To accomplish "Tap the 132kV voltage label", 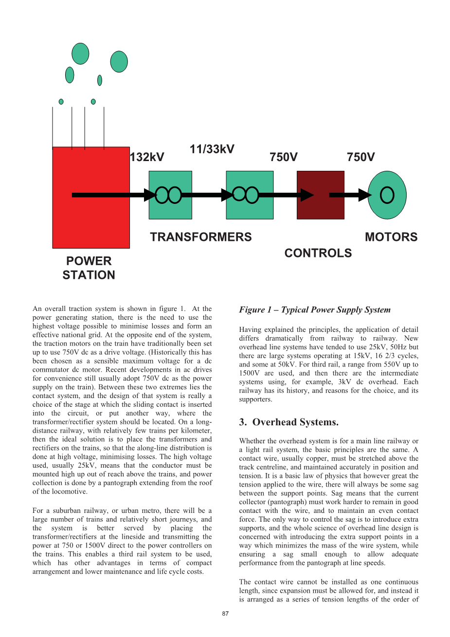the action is coord(147,157).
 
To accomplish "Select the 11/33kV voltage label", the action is coord(212,149).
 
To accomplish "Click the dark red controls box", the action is coord(321,195).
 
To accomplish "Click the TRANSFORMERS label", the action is coord(201,237).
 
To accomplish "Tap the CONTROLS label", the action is coord(318,253).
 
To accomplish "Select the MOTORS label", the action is coord(391,237).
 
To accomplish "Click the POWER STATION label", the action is coord(89,268).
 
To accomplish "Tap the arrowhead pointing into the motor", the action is coord(365,195).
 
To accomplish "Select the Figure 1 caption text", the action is coord(315,309).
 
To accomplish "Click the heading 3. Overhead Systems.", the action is coord(289,422).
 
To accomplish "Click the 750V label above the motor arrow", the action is coord(361,157).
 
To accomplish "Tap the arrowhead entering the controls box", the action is coord(307,195).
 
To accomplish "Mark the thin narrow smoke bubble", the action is coord(100,80).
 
